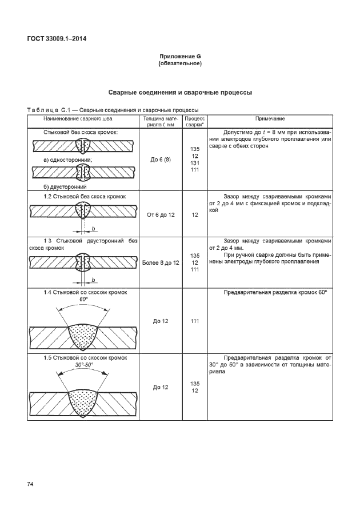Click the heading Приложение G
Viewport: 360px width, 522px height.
[x=180, y=57]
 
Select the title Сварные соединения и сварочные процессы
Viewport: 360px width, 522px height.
[x=180, y=92]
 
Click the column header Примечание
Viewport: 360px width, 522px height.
[x=270, y=118]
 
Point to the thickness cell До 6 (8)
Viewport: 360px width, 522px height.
[x=161, y=160]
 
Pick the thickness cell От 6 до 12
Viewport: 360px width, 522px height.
[x=161, y=215]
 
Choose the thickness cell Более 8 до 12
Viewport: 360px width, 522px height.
[x=161, y=262]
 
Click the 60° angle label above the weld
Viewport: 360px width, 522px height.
[x=84, y=299]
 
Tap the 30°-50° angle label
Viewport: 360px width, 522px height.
[x=84, y=365]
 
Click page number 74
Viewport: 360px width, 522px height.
[x=31, y=484]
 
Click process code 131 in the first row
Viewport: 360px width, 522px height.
[x=195, y=163]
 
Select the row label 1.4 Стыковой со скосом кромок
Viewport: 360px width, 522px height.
[x=85, y=292]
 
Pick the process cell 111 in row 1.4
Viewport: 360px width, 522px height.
[x=195, y=321]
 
